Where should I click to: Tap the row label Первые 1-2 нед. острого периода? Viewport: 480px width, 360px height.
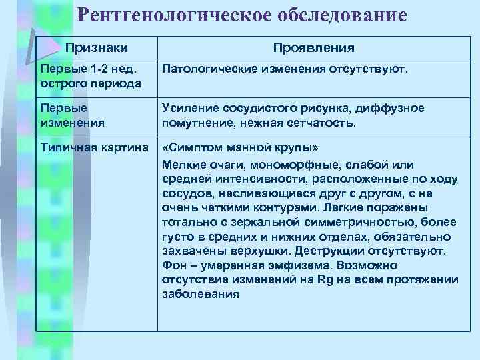pos(89,77)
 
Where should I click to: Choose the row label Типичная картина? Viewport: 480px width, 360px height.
pos(93,146)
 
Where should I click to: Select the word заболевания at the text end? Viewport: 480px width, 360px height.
pos(200,293)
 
